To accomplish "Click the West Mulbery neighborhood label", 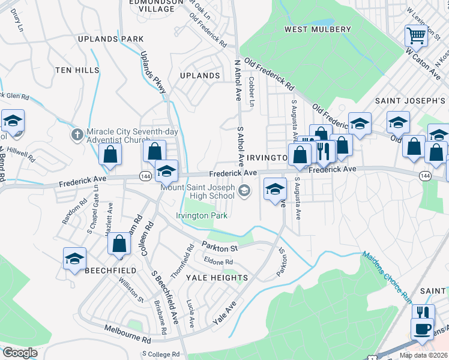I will coord(318,29).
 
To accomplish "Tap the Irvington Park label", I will coord(202,215).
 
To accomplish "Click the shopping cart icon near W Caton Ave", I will coord(415,36).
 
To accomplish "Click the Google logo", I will coord(20,353).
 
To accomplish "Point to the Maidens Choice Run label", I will coord(387,272).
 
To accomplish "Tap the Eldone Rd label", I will coord(218,262).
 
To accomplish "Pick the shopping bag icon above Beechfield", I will coord(120,244).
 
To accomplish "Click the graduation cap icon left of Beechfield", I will coord(75,259).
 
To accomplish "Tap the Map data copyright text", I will coord(423,355).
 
